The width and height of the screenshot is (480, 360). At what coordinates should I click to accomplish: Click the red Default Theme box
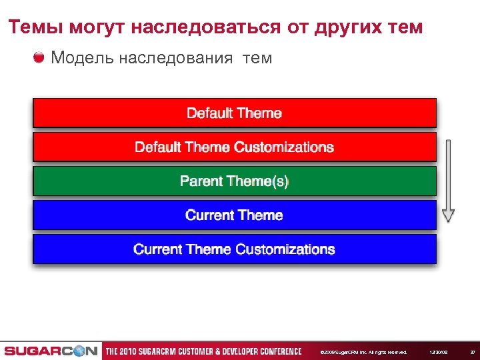click(235, 113)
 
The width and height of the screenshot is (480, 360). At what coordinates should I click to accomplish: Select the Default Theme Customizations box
click(235, 147)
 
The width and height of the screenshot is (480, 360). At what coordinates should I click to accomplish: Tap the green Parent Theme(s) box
click(235, 181)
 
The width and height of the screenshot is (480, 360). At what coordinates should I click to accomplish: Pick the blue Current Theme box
click(235, 215)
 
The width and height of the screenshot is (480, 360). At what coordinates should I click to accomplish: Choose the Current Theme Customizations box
click(235, 249)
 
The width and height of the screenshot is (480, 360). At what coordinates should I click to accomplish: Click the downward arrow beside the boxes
click(448, 181)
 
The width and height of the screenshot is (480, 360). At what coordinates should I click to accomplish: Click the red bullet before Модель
click(39, 57)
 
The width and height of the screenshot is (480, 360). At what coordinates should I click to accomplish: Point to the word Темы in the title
click(33, 27)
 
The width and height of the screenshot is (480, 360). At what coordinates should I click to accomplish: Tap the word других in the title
click(346, 27)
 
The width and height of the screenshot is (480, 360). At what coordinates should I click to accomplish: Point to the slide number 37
click(472, 352)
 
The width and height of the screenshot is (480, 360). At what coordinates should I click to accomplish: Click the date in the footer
click(437, 352)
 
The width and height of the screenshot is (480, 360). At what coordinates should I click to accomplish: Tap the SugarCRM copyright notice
click(363, 352)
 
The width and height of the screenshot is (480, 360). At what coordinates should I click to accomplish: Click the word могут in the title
click(96, 27)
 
